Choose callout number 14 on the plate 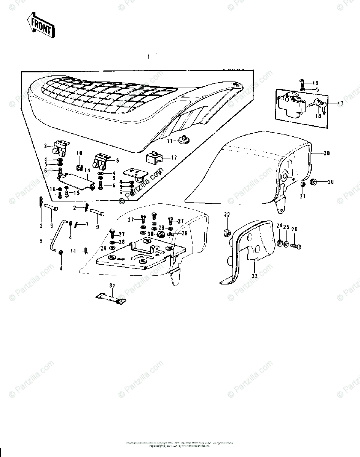point(87,170)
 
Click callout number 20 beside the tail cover point(327,153)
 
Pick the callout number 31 point(112,285)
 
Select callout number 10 point(79,153)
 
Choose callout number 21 point(303,197)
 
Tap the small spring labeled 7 point(79,225)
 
